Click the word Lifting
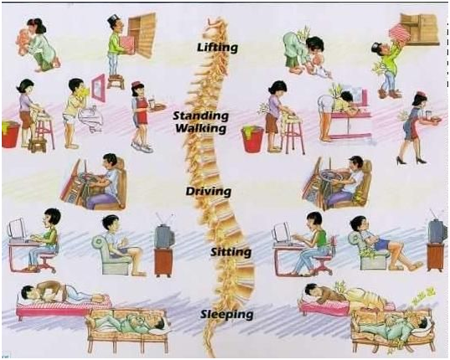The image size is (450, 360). (x=217, y=47)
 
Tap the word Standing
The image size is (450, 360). (x=201, y=116)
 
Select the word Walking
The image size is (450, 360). (x=201, y=128)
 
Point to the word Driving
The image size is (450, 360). (x=208, y=192)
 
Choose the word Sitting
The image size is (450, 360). (x=231, y=252)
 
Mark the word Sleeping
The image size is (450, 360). (x=227, y=314)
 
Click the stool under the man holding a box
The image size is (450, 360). (x=115, y=81)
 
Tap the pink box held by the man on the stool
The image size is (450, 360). (x=127, y=45)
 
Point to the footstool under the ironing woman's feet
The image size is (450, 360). (x=37, y=146)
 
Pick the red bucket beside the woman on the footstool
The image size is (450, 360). (x=11, y=135)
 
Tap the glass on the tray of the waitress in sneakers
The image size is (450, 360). (x=151, y=102)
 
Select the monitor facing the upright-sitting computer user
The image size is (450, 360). (x=17, y=230)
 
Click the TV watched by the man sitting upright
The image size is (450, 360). (x=165, y=236)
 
